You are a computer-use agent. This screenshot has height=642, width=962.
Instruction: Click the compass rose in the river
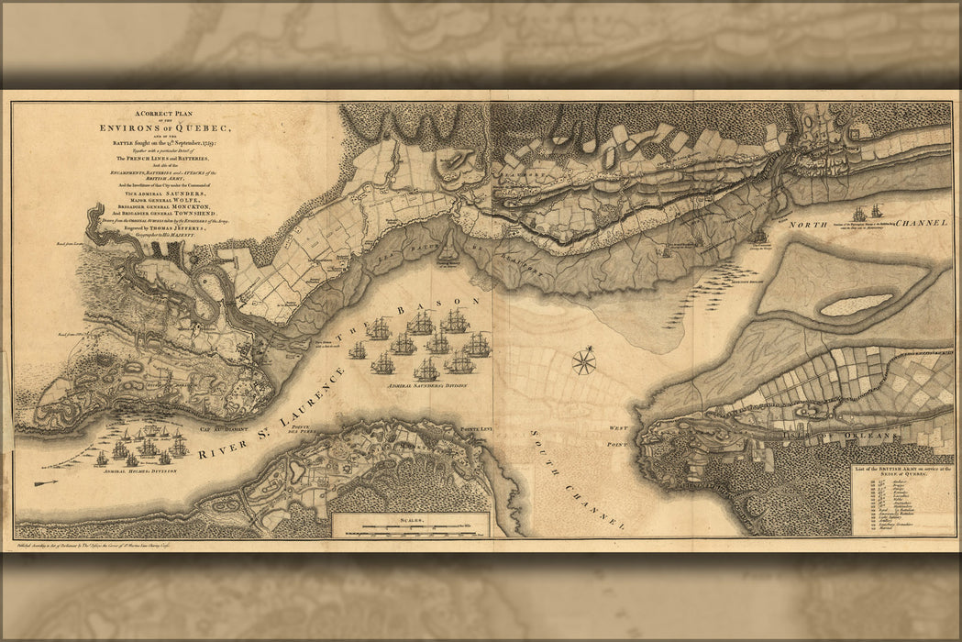pyautogui.click(x=583, y=362)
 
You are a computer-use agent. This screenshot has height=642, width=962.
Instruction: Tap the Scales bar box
pyautogui.click(x=410, y=526)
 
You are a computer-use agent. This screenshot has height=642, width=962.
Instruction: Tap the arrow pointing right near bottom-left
pyautogui.click(x=45, y=482)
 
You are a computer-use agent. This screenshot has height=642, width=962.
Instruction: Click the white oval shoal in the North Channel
pyautogui.click(x=856, y=304)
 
